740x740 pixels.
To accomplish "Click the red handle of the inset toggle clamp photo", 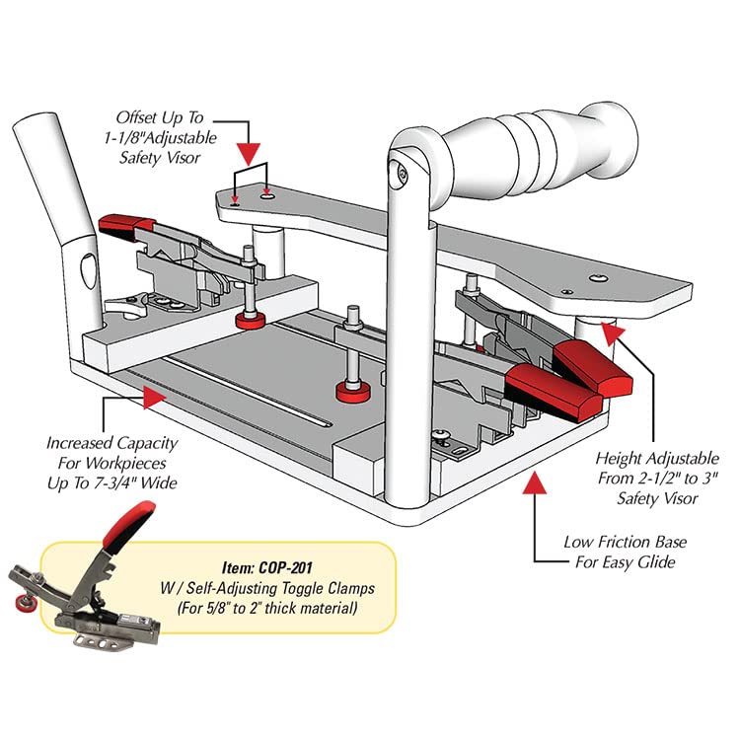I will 131,520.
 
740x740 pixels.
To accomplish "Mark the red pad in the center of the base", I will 353,391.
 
